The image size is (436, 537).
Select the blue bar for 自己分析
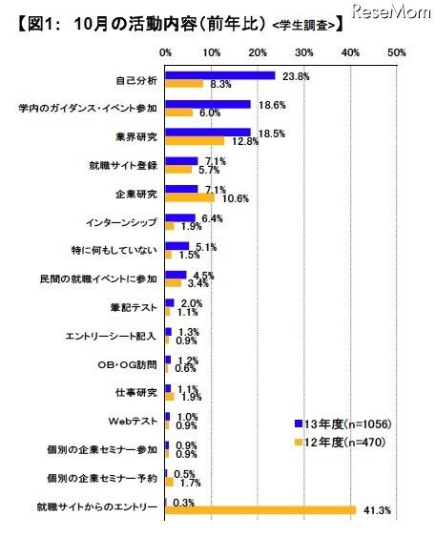click(x=219, y=75)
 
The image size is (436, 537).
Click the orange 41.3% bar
click(x=260, y=510)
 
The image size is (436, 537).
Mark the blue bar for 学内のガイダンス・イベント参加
click(x=207, y=104)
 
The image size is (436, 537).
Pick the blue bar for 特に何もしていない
click(x=176, y=246)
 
